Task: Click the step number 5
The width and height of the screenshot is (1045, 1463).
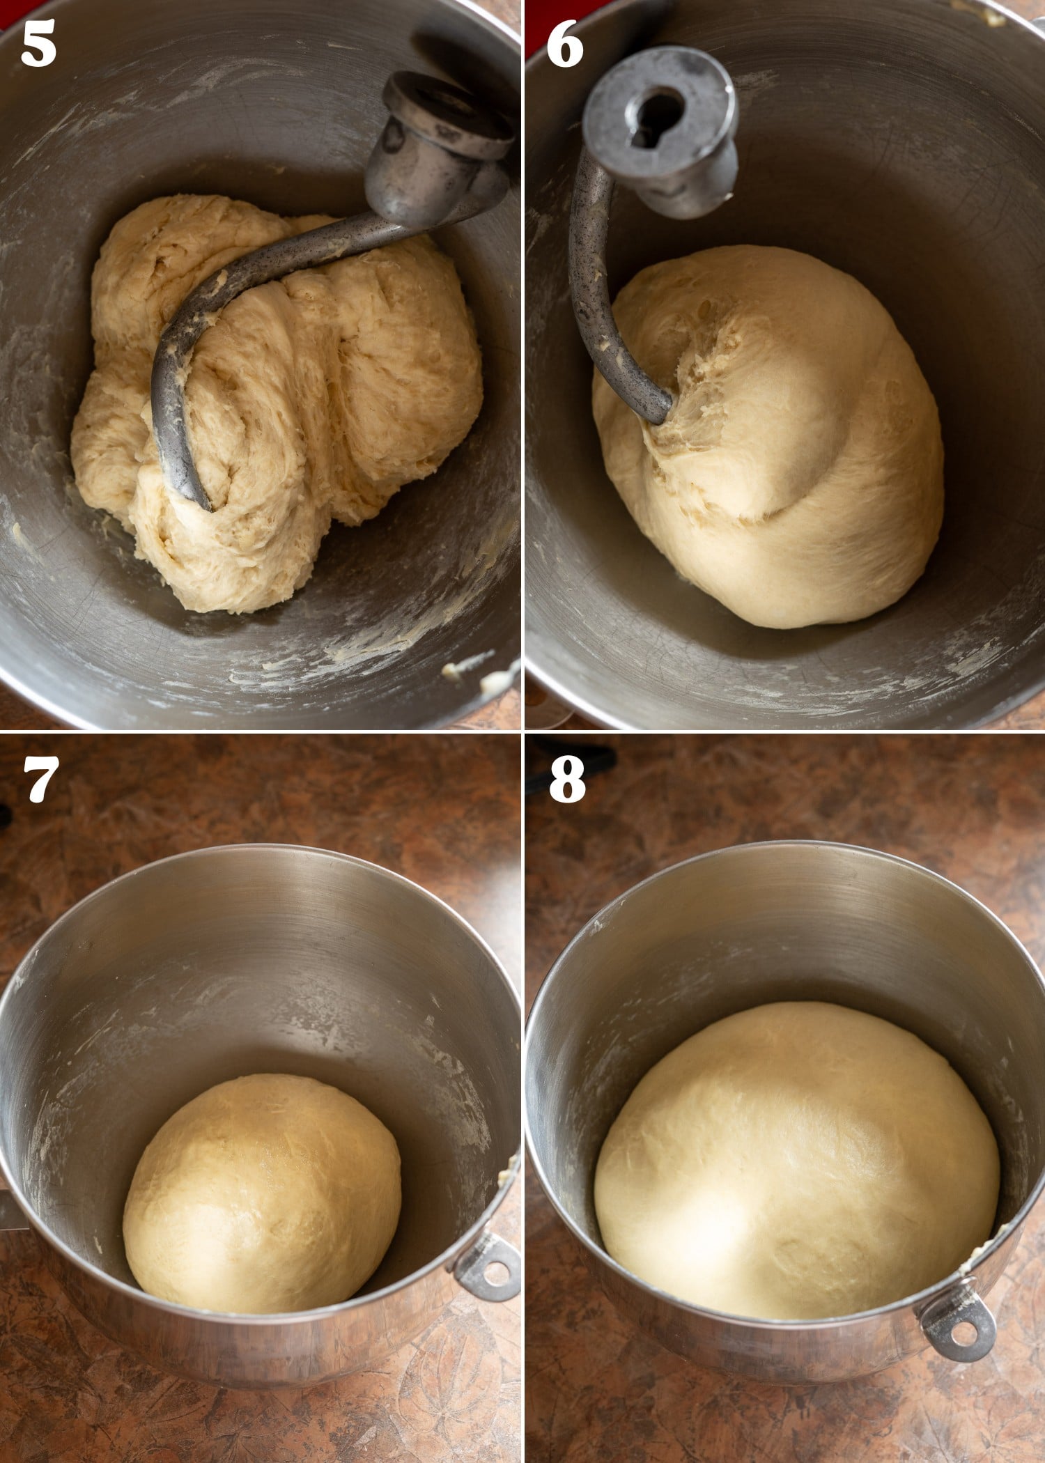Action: (38, 43)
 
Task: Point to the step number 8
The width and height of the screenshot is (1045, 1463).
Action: (566, 779)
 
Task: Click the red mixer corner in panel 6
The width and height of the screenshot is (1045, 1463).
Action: (535, 21)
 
